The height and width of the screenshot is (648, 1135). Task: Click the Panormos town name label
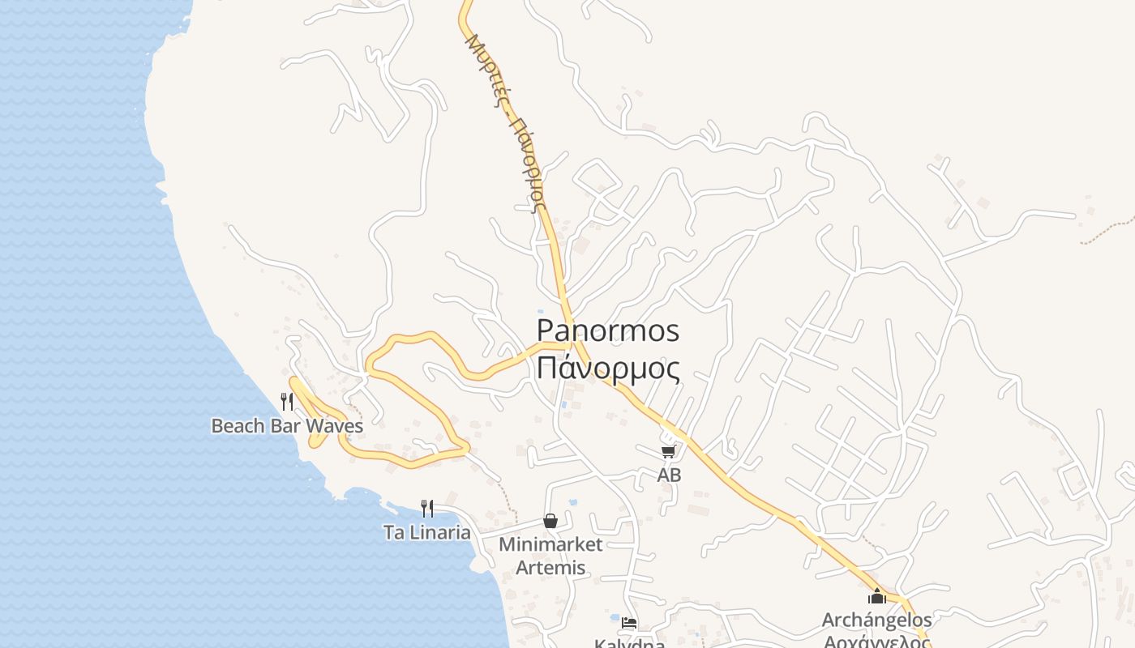[x=608, y=330]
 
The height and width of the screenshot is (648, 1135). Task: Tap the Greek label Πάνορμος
[x=608, y=368]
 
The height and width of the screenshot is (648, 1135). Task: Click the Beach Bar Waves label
[x=287, y=425]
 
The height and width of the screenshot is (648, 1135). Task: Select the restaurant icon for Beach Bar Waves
[x=287, y=401]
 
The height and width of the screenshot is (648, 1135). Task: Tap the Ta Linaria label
[x=426, y=532]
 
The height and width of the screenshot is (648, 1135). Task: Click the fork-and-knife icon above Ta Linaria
[x=427, y=509]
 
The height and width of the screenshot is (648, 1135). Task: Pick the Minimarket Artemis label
[x=550, y=556]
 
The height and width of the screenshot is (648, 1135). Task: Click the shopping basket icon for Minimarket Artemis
[x=550, y=521]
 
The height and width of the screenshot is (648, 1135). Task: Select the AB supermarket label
[x=669, y=475]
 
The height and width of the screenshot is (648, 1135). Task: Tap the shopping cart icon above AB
[x=669, y=452]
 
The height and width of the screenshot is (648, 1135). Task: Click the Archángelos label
[x=876, y=620]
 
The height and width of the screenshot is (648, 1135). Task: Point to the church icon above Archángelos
[x=876, y=597]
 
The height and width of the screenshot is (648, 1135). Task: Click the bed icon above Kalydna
[x=629, y=623]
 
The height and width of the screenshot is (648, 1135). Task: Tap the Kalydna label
[x=630, y=643]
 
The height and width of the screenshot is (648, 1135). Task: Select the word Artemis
[x=550, y=568]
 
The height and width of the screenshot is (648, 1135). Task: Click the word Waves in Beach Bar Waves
[x=335, y=425]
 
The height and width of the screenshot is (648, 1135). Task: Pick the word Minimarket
[x=550, y=544]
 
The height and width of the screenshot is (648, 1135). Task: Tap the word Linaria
[x=439, y=532]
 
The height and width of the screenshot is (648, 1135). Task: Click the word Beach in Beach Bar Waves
[x=233, y=425]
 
